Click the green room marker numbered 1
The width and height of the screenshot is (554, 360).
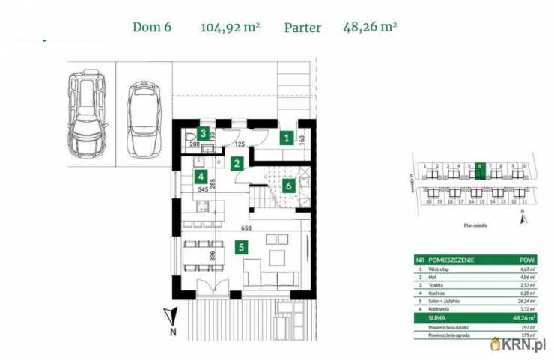pos(286,138)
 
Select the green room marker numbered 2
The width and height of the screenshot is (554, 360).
pos(237,163)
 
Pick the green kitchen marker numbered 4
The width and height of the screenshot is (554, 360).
pos(201,177)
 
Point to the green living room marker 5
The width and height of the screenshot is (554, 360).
pos(240,246)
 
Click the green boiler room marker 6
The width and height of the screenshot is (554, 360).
pos(288,186)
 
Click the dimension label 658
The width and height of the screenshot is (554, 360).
pos(246,228)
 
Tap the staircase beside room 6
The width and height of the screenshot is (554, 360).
pos(264,196)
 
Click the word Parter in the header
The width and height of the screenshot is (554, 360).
pos(302,28)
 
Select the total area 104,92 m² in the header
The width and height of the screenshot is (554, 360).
pos(230,28)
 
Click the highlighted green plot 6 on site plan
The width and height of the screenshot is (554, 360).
pos(479,166)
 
